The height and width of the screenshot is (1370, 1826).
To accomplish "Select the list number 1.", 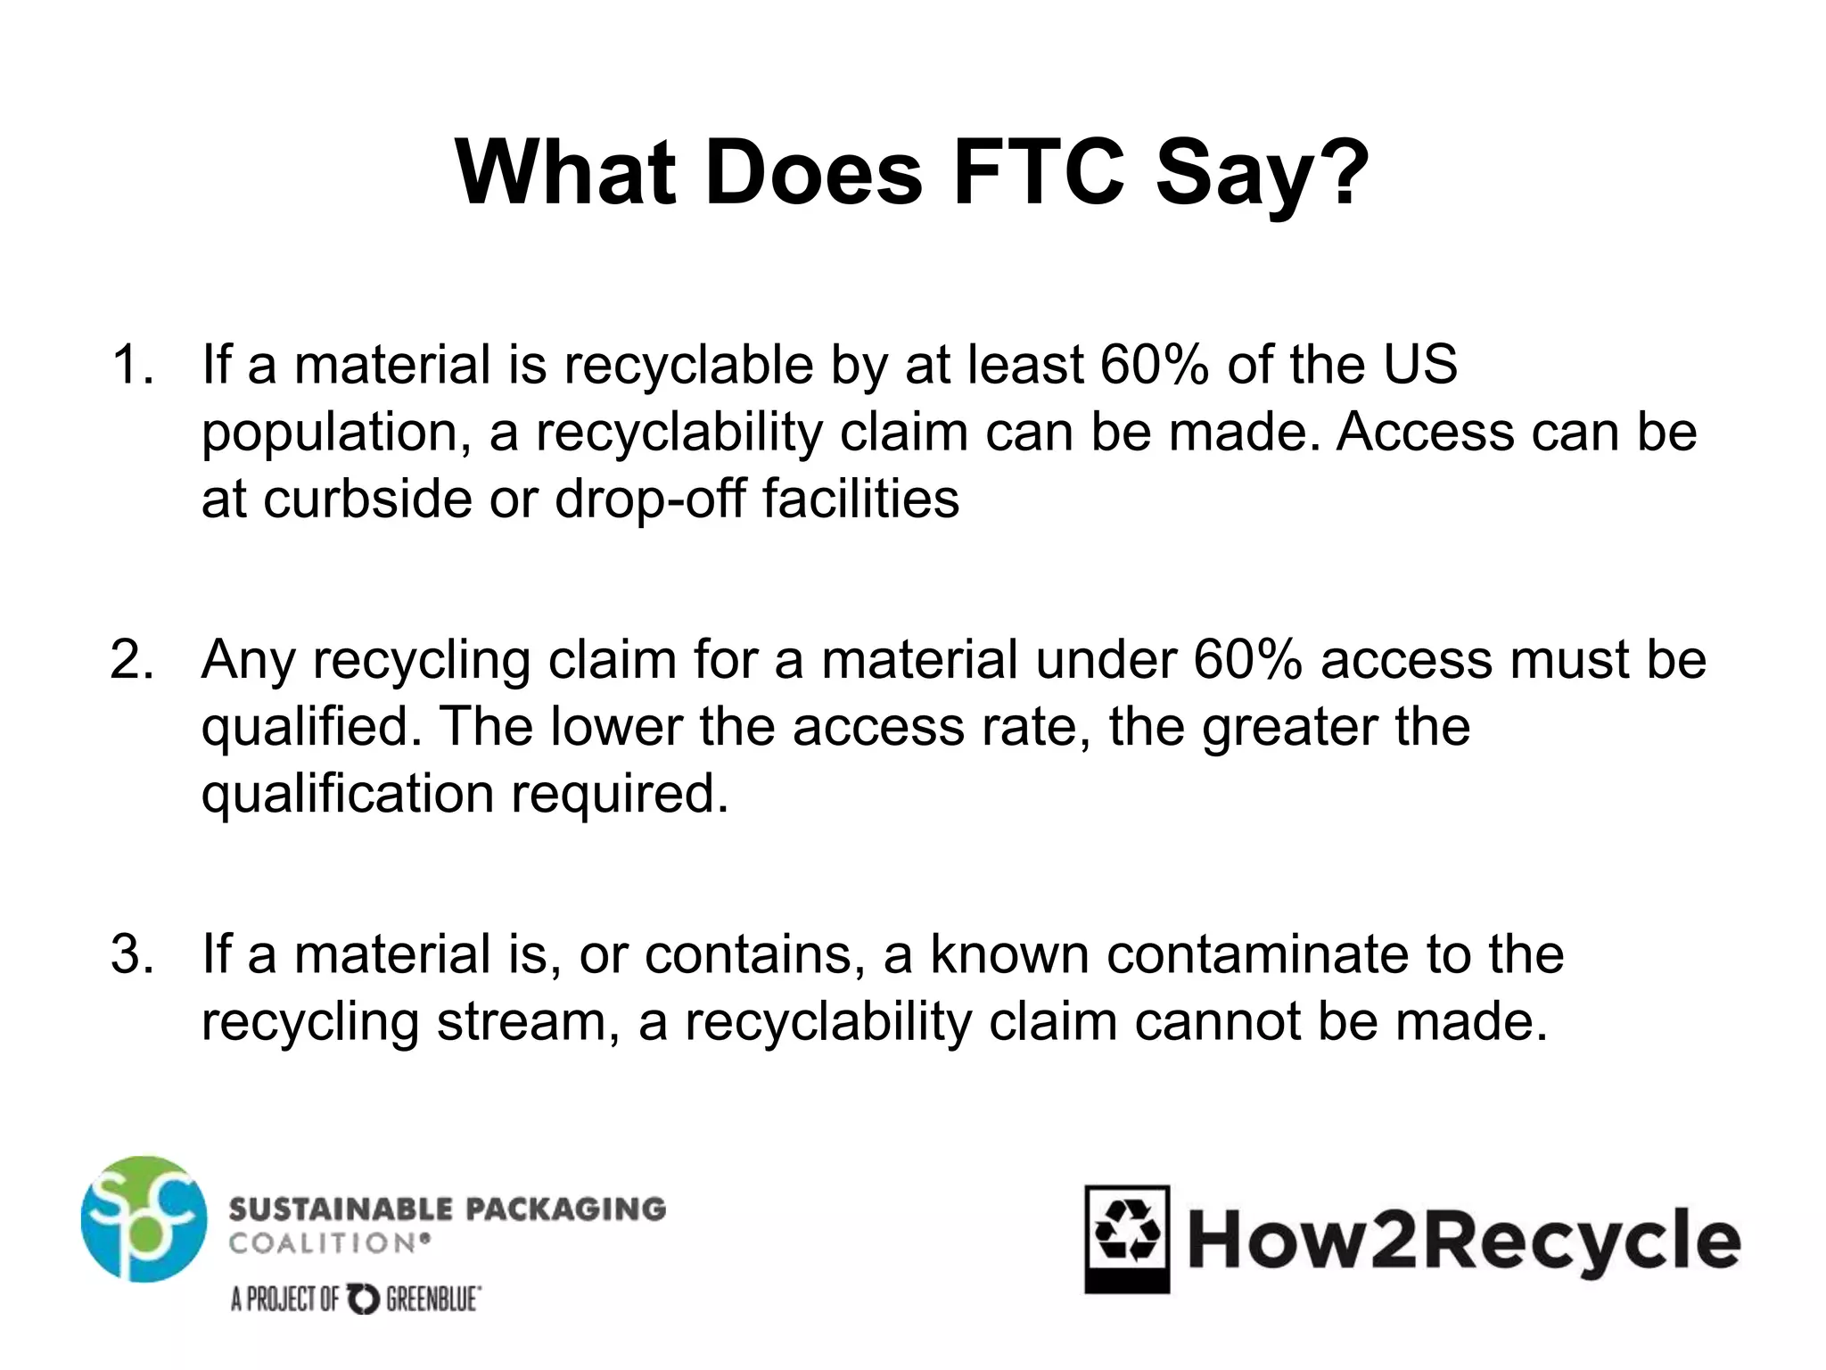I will click(130, 365).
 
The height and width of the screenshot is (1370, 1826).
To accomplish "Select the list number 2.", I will click(130, 660).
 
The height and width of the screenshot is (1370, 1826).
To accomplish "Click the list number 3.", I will click(130, 954).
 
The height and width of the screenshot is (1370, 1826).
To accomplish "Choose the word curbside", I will click(367, 499).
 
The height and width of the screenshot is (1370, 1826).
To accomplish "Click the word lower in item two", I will click(616, 727).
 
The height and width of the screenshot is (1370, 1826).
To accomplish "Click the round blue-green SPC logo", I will click(144, 1219).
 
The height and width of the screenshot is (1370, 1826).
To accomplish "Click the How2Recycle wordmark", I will click(1463, 1241).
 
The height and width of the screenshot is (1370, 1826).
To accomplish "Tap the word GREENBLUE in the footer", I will click(433, 1300).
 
